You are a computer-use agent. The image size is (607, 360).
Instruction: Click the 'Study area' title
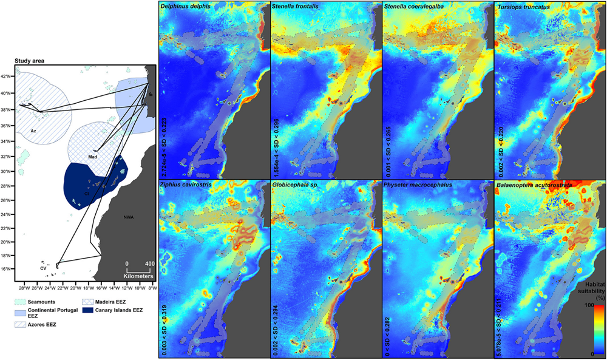[x=30, y=61]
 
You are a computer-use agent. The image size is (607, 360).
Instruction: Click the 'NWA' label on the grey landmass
[x=128, y=217]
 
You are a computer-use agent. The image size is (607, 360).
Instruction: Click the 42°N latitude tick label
[x=8, y=76]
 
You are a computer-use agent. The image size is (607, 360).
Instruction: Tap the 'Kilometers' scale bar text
[x=139, y=275]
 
